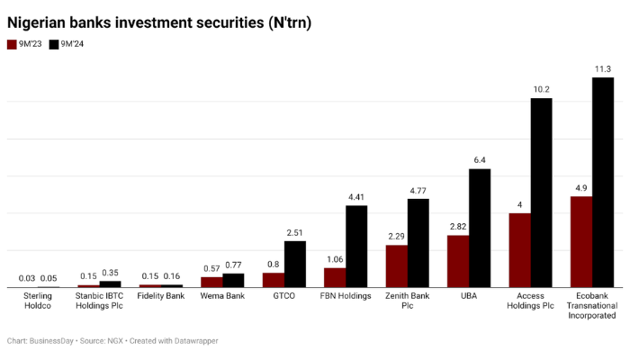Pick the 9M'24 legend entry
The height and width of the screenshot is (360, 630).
pyautogui.click(x=67, y=44)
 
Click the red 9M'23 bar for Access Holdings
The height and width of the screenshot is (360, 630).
pyautogui.click(x=519, y=250)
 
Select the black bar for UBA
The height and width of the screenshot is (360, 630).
pyautogui.click(x=480, y=228)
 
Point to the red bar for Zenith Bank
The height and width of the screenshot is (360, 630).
pyautogui.click(x=397, y=265)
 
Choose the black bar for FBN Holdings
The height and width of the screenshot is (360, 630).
pyautogui.click(x=356, y=246)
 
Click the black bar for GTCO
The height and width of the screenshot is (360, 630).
pyautogui.click(x=295, y=264)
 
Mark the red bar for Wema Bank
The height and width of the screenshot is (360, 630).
pyautogui.click(x=211, y=282)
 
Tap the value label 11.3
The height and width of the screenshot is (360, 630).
pyautogui.click(x=603, y=69)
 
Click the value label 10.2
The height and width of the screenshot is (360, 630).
pyautogui.click(x=541, y=90)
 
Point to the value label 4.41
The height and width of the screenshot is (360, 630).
pyautogui.click(x=356, y=197)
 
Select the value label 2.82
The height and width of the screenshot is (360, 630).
pyautogui.click(x=458, y=227)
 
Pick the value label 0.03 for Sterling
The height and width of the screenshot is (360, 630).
pyautogui.click(x=27, y=278)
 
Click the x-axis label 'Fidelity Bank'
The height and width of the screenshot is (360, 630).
pyautogui.click(x=161, y=296)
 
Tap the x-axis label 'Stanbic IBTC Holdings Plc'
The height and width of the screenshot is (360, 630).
pyautogui.click(x=99, y=301)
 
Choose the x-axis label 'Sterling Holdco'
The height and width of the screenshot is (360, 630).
pyautogui.click(x=38, y=301)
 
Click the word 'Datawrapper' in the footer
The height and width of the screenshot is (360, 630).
pyautogui.click(x=191, y=341)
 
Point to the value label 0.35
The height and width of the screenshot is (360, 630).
pyautogui.click(x=111, y=273)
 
